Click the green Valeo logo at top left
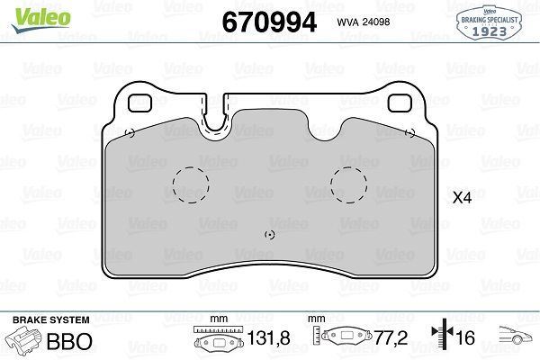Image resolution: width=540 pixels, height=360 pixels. coord(40,19)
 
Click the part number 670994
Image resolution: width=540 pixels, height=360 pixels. coord(269,22)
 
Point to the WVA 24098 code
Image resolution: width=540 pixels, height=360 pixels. coord(364,22)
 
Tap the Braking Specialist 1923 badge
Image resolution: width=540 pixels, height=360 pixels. coord(489,22)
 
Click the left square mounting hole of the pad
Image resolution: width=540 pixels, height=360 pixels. coord(139,103)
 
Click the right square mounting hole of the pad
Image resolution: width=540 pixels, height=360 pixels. coord(400,103)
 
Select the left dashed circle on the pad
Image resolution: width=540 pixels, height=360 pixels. coord(191,185)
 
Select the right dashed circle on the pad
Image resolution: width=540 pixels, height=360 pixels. coord(348,185)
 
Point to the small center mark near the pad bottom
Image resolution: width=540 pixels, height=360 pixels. coord(270,235)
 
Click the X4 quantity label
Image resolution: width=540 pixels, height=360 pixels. coord(462,198)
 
